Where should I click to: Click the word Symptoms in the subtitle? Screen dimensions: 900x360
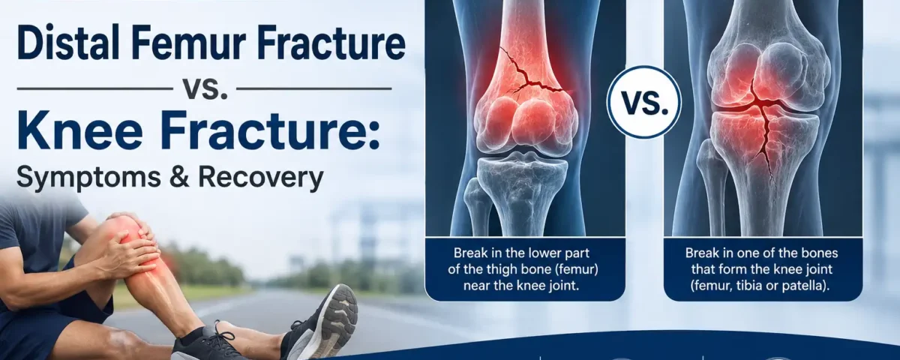click(88, 178)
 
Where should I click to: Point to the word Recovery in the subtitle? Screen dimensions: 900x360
click(261, 178)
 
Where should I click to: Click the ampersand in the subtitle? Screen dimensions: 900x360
click(179, 177)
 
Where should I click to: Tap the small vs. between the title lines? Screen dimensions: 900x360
click(205, 88)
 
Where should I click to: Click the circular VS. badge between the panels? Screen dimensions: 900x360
click(644, 103)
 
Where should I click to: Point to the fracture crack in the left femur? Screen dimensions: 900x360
click(530, 78)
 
